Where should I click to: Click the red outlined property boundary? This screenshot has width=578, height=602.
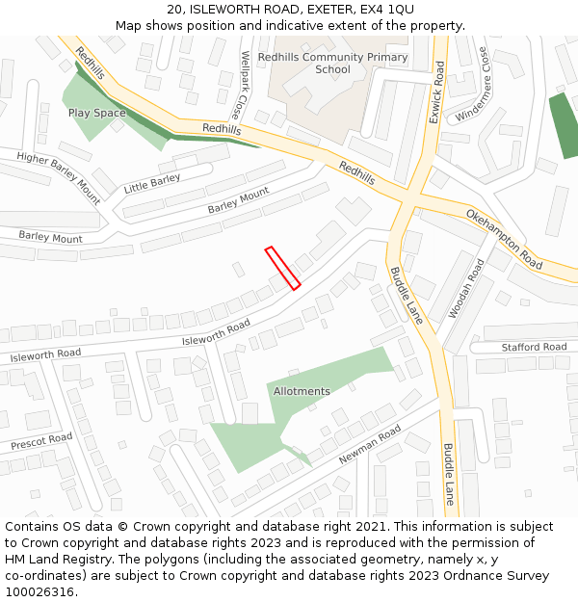pyautogui.click(x=283, y=268)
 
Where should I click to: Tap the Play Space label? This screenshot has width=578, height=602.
pyautogui.click(x=96, y=113)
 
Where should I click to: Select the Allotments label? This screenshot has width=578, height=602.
pyautogui.click(x=302, y=391)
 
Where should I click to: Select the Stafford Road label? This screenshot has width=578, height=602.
pyautogui.click(x=534, y=347)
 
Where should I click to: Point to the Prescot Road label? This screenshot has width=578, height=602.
pyautogui.click(x=41, y=442)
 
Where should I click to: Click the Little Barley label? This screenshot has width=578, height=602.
pyautogui.click(x=152, y=183)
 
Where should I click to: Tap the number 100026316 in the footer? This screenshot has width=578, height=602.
pyautogui.click(x=39, y=591)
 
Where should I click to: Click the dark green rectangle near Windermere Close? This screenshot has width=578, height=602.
pyautogui.click(x=563, y=125)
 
